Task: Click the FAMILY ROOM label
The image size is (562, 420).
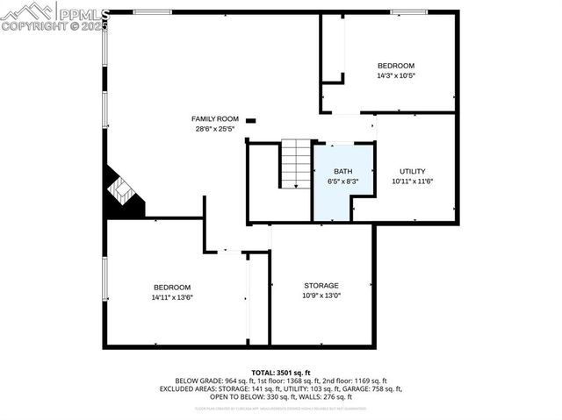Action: coord(215,118)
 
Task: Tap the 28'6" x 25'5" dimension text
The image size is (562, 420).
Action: coord(215,129)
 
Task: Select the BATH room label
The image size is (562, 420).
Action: coord(343,171)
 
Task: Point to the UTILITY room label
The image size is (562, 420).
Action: coord(413,171)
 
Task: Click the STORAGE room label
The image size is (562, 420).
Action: coord(321,285)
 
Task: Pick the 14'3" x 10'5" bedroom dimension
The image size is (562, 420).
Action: coord(395,76)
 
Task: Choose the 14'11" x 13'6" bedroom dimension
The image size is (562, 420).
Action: coord(172,297)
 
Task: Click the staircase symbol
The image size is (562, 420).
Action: coord(296,163)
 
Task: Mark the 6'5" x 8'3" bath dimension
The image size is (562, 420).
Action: coord(343,182)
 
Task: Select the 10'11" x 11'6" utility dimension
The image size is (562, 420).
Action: coord(413,182)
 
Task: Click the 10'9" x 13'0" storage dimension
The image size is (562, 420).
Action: coord(321,295)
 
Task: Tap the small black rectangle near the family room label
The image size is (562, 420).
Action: coord(251,120)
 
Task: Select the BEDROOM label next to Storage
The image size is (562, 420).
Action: coord(172,287)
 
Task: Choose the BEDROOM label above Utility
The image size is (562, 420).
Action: coord(395,66)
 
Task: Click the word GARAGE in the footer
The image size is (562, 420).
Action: coord(361,388)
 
